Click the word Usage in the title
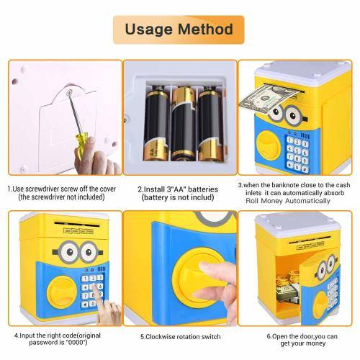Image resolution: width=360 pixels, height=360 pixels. (149, 30)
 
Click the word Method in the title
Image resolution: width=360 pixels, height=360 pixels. (205, 30)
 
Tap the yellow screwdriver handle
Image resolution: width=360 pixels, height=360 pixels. (81, 145)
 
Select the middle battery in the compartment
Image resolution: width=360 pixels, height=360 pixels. (184, 124)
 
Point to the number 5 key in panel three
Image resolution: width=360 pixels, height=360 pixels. (297, 150)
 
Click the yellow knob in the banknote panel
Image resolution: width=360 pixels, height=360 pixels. (269, 145)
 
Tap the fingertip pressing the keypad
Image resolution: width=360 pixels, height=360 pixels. (95, 287)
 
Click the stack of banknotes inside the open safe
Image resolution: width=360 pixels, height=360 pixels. (287, 294)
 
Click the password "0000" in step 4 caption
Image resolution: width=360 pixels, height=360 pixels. (76, 342)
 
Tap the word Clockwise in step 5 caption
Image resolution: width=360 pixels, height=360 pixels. (161, 337)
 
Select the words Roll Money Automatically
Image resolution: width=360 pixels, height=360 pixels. (288, 201)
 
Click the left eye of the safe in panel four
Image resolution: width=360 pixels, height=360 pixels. (68, 252)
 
